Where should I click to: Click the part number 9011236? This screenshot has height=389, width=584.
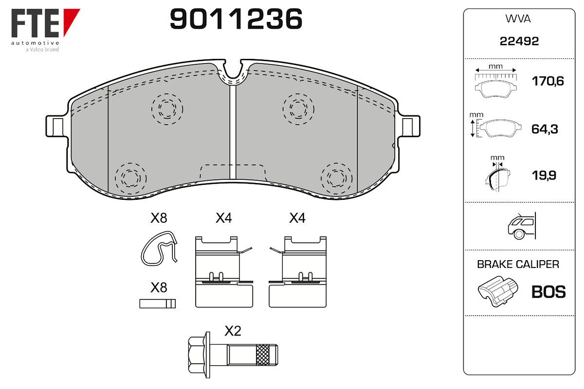236,19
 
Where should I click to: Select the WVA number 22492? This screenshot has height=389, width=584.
519,41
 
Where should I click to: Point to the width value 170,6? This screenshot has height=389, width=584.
548,81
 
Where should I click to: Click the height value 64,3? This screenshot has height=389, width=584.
545,129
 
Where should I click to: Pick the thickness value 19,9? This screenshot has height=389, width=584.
544,176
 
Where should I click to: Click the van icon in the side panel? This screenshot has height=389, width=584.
522,226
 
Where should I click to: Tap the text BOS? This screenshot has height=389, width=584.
548,292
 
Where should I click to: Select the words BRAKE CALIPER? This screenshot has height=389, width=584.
518,264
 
